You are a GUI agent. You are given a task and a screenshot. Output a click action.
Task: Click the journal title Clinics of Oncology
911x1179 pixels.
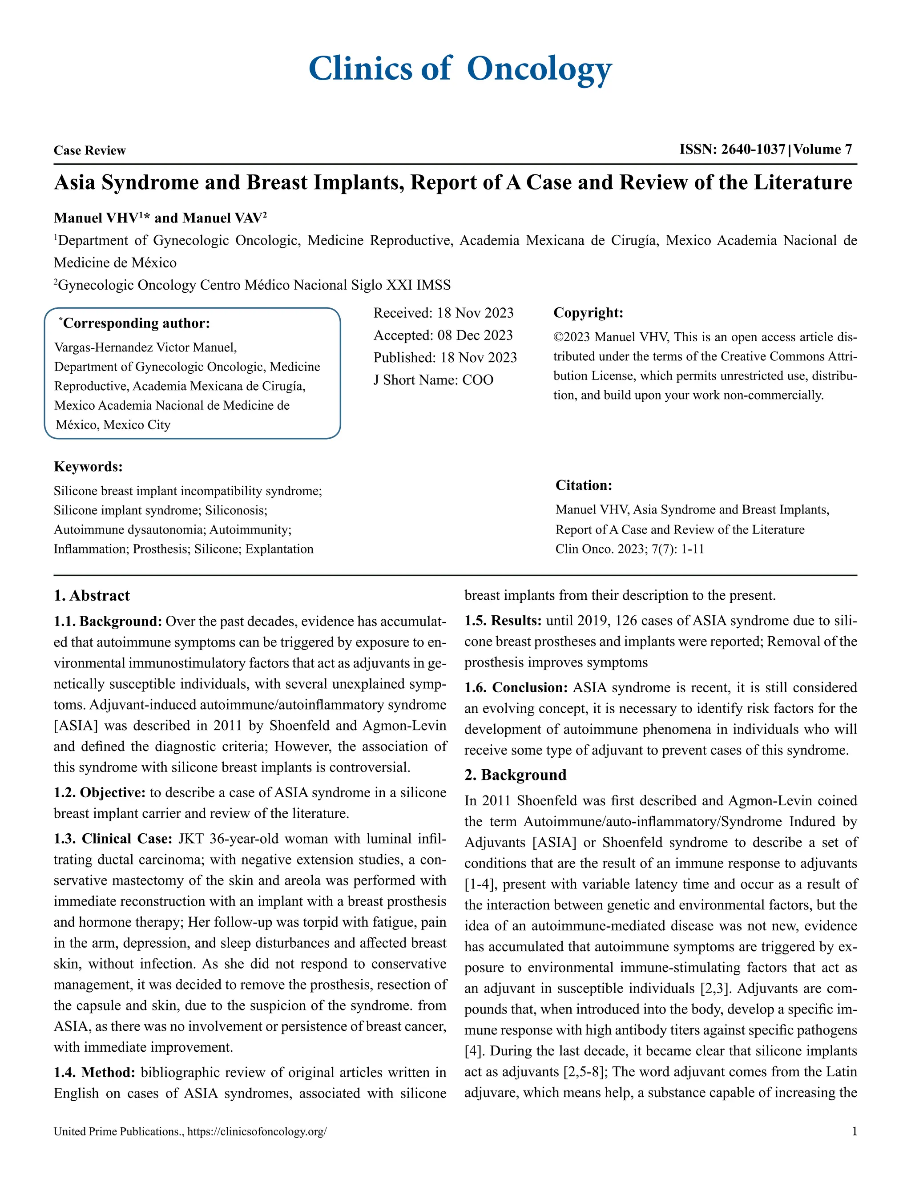[x=460, y=69]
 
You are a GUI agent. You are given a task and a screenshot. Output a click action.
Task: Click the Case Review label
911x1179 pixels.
[x=89, y=151]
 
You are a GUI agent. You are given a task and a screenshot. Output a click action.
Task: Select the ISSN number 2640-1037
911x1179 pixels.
[x=753, y=149]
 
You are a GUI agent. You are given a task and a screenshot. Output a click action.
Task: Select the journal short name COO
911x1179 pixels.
[x=478, y=380]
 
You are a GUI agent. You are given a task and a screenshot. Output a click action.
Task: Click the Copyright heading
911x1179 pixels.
[x=588, y=313]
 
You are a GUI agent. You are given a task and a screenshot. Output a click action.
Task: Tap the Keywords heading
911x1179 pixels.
[x=88, y=466]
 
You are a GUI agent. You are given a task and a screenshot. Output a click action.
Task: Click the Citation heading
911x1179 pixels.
[x=584, y=485]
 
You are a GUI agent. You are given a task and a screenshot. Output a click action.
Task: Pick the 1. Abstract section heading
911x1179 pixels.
[x=92, y=595]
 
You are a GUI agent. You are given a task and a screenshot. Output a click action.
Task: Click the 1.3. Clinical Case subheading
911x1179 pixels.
[x=113, y=839]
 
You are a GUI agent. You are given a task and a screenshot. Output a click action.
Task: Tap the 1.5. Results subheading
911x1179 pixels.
[x=503, y=621]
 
